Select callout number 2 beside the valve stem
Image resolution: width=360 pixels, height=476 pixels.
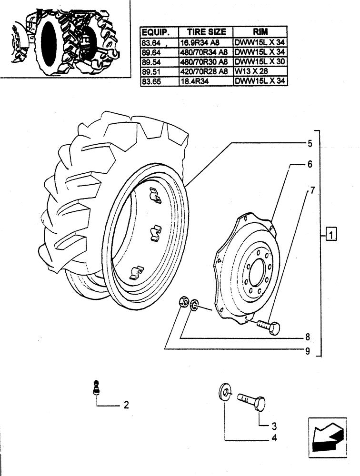(126, 406)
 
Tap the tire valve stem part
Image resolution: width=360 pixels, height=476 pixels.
(97, 386)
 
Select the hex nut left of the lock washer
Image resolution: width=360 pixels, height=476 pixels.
(183, 302)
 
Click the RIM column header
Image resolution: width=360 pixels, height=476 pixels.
(260, 32)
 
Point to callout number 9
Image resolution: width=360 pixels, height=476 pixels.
(308, 352)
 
